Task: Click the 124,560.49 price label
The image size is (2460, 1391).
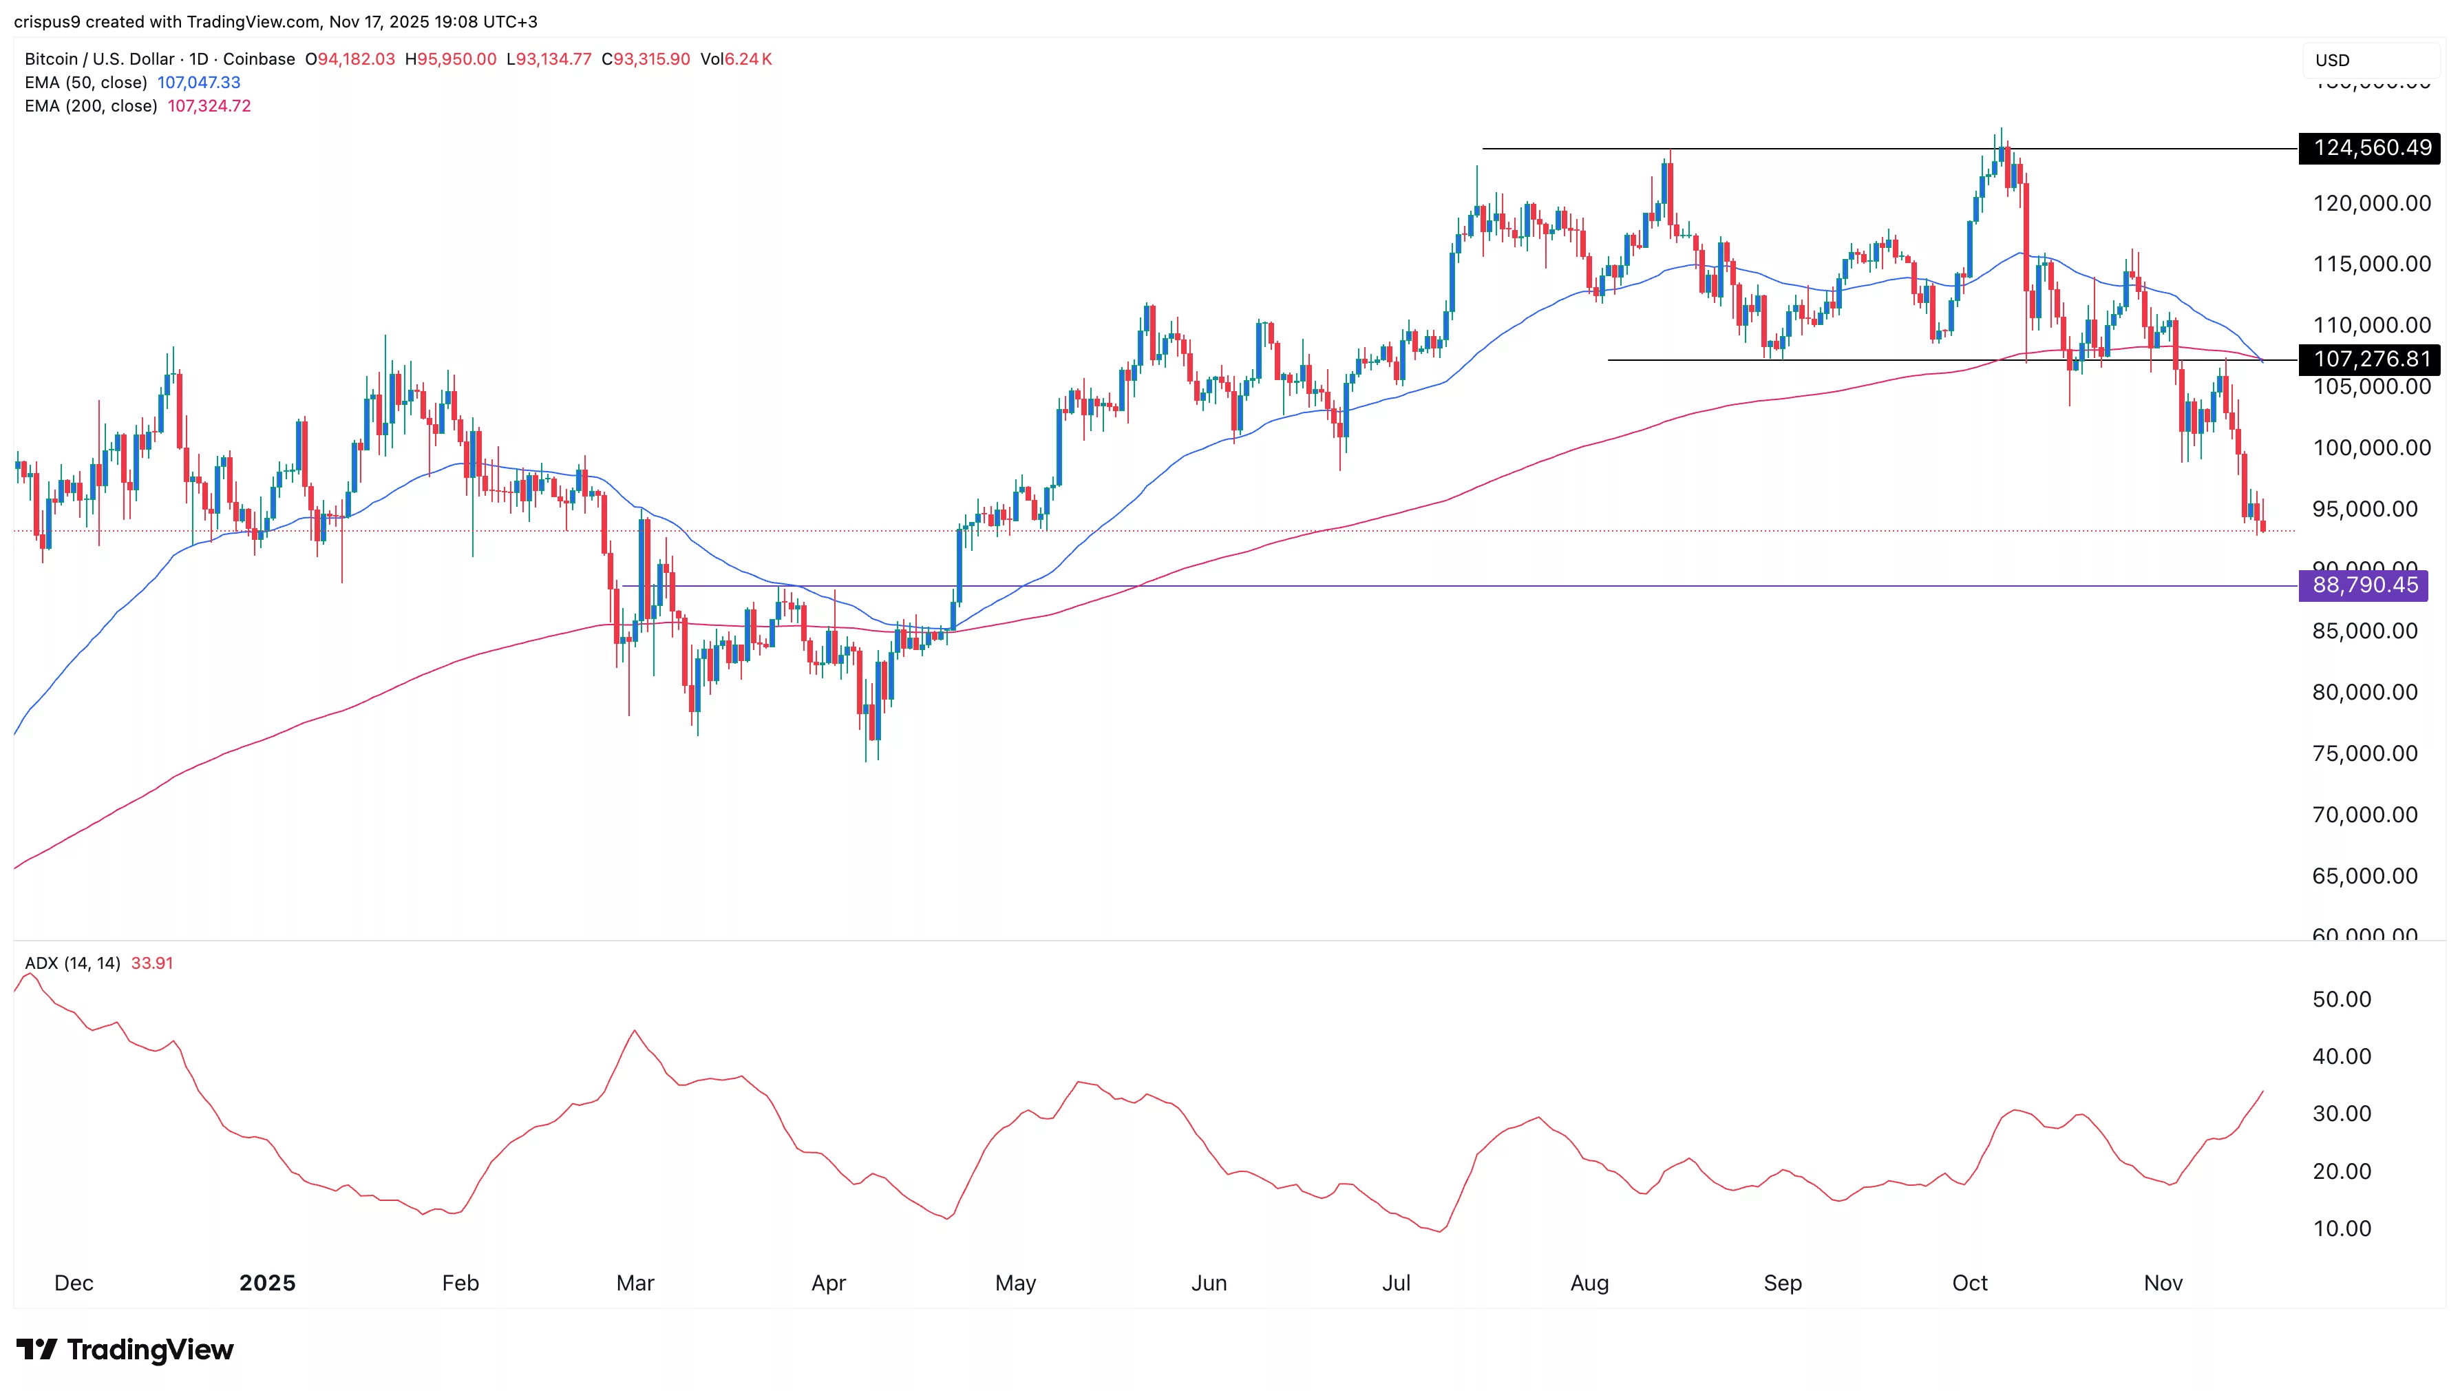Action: point(2371,148)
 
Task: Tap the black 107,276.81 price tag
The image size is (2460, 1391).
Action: point(2371,359)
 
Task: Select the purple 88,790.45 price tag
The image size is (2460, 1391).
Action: point(2364,585)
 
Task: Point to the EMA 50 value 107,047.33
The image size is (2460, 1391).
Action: point(199,82)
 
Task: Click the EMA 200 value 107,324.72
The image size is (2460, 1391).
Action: point(209,106)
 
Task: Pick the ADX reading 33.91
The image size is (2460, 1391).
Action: point(152,963)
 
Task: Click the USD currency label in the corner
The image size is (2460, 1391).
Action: point(2331,60)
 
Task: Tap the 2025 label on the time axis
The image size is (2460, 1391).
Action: point(267,1283)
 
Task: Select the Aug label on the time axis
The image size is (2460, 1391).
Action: point(1589,1283)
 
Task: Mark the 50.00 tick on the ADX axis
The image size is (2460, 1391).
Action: point(2342,999)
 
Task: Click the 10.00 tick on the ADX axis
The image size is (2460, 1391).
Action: point(2342,1228)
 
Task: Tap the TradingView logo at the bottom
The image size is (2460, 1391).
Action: point(125,1349)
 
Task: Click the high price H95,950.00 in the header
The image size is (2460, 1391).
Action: point(451,59)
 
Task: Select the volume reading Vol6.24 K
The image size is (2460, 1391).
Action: point(735,59)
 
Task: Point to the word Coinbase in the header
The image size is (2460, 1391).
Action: point(259,59)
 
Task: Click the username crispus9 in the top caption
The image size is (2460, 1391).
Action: point(47,21)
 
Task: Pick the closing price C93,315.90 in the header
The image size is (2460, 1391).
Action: point(646,59)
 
